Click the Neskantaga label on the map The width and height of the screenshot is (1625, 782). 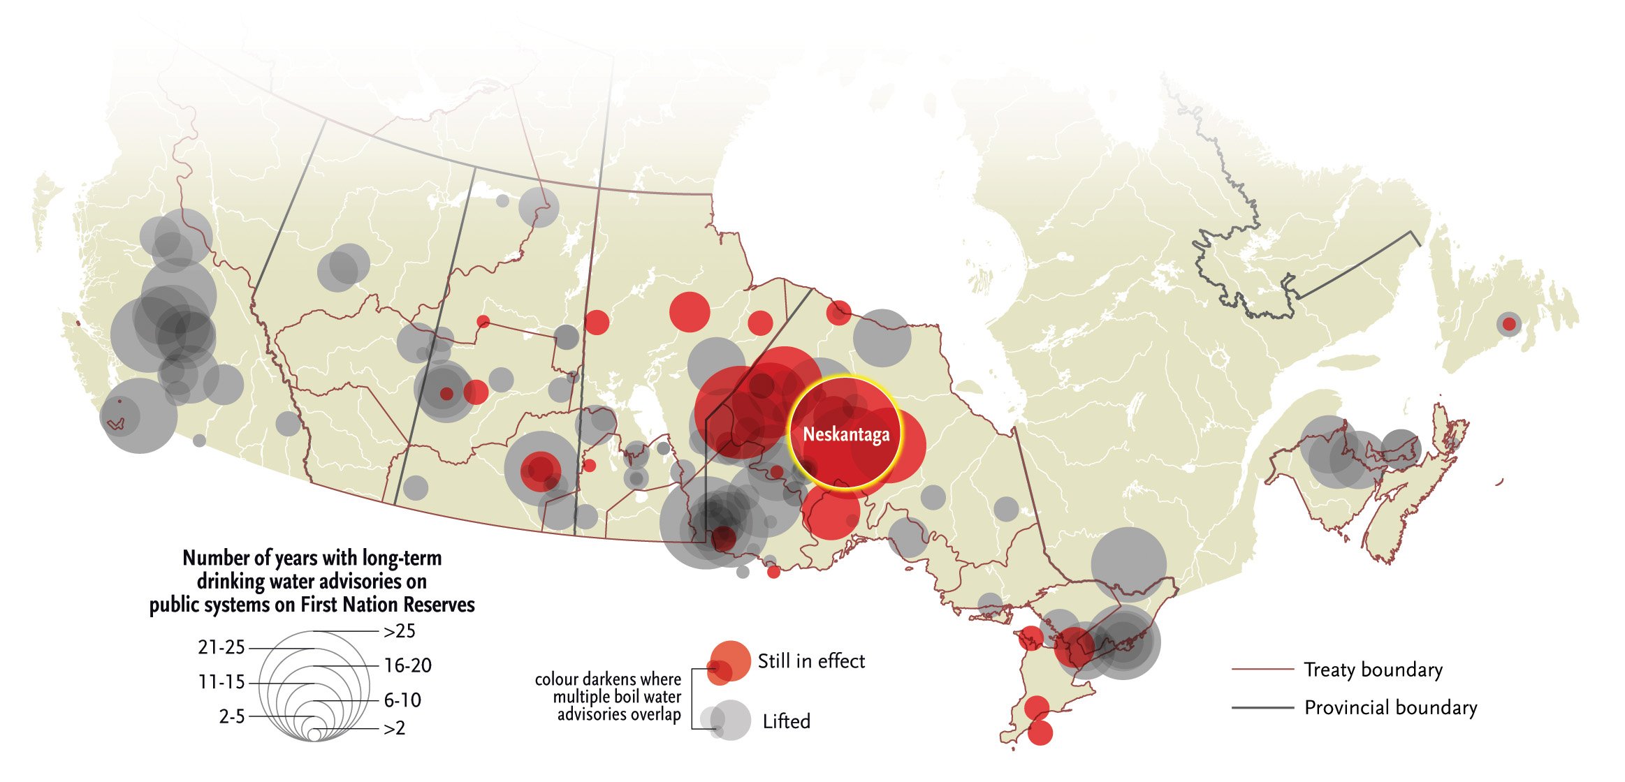point(846,434)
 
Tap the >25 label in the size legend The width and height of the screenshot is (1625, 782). point(400,631)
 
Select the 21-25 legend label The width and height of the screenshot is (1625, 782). point(221,648)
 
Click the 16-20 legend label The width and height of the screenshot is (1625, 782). point(408,665)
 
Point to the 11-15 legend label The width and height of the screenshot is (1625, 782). point(221,682)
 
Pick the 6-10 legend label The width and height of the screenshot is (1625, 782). point(402,700)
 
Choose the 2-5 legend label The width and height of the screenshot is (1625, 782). point(232,716)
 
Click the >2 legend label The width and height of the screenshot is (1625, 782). point(395,728)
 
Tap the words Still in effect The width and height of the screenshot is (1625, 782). point(811,661)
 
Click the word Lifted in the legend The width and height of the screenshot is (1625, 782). point(787,721)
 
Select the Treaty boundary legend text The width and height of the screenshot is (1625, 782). point(1373,670)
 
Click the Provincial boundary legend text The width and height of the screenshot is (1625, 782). point(1390,708)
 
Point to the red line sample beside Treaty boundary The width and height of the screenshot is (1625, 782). point(1262,669)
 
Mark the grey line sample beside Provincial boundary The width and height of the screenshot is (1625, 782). point(1262,708)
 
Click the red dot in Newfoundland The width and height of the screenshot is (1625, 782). point(1509,324)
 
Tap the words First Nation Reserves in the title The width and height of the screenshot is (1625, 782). point(388,605)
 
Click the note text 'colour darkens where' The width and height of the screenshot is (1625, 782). point(608,679)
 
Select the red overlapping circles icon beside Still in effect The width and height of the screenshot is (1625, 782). point(728,662)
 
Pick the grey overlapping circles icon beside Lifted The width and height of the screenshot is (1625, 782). point(727,721)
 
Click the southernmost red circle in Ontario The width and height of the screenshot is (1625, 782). point(1040,733)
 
